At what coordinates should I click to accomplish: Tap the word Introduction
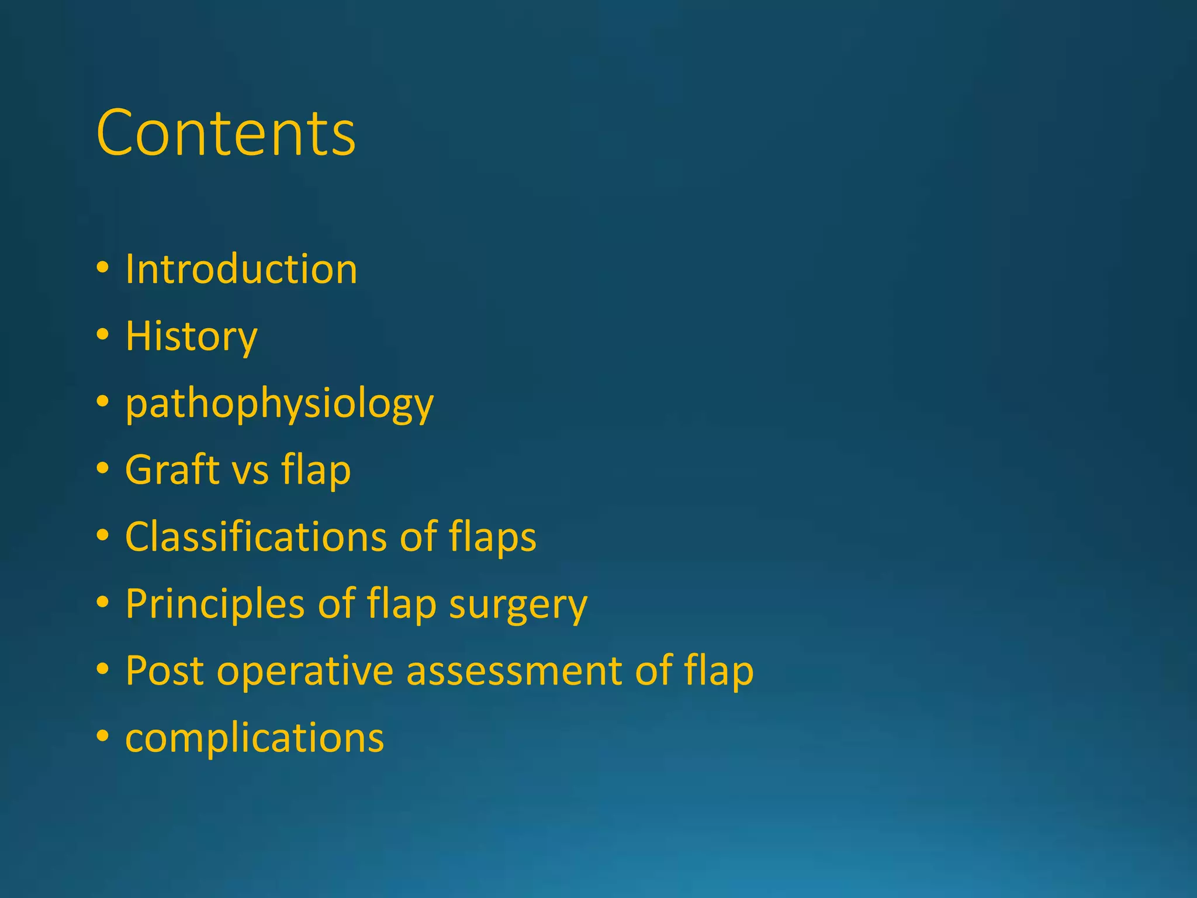[241, 270]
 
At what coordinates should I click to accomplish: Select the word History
[191, 337]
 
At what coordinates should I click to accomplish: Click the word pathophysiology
[279, 404]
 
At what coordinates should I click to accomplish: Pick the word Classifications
[256, 537]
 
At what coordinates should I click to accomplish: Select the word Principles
[215, 604]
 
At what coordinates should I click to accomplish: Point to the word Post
[165, 671]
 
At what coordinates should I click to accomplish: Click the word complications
[254, 738]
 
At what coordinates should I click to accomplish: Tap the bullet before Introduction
[103, 268]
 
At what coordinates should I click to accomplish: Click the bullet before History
[103, 335]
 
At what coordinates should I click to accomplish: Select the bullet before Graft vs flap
[103, 468]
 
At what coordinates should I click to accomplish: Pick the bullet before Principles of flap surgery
[103, 602]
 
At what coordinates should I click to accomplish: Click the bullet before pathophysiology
[103, 402]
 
